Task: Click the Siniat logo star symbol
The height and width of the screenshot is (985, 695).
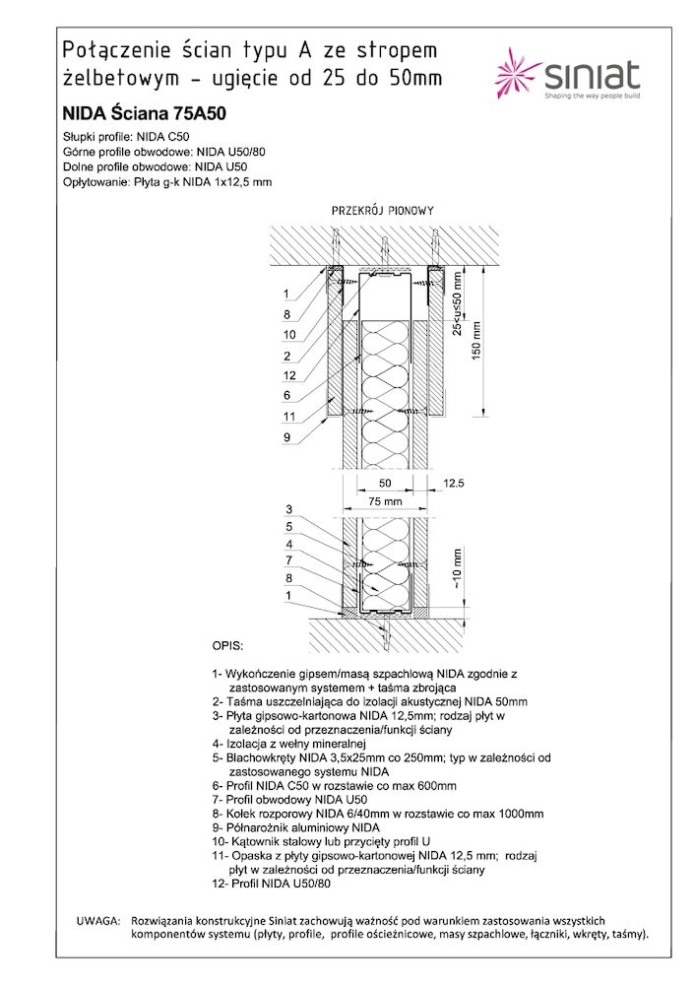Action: point(518,76)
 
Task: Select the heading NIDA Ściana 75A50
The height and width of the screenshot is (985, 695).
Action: point(144,113)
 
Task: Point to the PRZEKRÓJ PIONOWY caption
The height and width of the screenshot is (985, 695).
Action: point(383,211)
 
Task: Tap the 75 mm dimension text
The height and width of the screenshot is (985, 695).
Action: point(385,501)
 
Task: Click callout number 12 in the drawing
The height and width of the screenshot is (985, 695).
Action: point(287,375)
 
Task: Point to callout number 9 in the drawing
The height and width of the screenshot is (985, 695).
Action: point(285,436)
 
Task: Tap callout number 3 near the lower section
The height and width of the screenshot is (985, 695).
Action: point(289,508)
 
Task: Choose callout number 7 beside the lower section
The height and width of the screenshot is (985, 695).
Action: point(289,560)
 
